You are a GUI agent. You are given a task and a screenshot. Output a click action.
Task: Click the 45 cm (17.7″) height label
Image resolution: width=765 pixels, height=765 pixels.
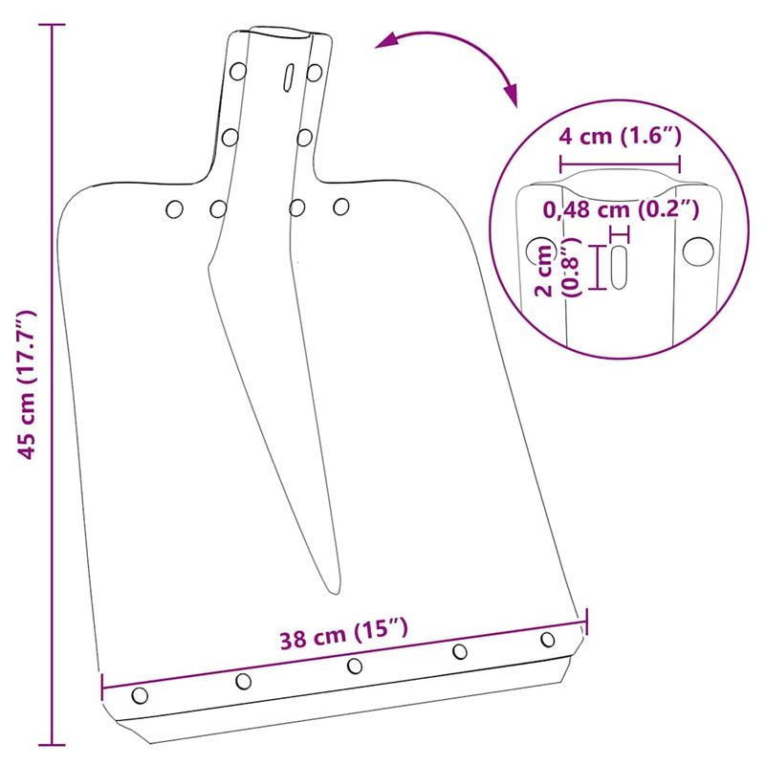pyautogui.click(x=29, y=382)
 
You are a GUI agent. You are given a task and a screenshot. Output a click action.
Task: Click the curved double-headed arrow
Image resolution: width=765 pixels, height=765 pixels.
pyautogui.click(x=449, y=59)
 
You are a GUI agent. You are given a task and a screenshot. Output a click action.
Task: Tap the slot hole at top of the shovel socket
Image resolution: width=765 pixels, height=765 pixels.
pyautogui.click(x=284, y=78)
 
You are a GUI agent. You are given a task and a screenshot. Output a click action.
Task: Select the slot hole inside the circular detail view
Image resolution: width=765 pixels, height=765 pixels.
pyautogui.click(x=619, y=266)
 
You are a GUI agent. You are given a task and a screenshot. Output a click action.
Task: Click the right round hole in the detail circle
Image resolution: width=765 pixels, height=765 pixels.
pyautogui.click(x=697, y=251)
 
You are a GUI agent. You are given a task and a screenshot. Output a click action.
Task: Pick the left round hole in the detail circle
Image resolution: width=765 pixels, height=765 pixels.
pyautogui.click(x=535, y=252)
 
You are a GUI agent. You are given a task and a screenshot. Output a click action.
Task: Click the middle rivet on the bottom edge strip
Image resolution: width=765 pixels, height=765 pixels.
pyautogui.click(x=355, y=665)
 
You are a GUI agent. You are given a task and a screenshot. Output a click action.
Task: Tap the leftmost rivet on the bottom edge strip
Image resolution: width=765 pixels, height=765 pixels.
pyautogui.click(x=141, y=694)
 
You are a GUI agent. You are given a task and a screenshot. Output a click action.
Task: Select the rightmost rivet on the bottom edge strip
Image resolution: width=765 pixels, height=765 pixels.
pyautogui.click(x=548, y=639)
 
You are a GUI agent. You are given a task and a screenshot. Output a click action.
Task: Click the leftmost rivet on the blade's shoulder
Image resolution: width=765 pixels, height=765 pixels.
pyautogui.click(x=174, y=208)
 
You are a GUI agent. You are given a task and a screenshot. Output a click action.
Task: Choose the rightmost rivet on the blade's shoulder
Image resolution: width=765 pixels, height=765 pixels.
pyautogui.click(x=340, y=206)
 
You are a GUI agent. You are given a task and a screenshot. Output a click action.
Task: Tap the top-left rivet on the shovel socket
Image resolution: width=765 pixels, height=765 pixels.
pyautogui.click(x=235, y=71)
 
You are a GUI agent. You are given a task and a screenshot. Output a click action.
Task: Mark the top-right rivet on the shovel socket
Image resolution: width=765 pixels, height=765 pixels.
pyautogui.click(x=314, y=71)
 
